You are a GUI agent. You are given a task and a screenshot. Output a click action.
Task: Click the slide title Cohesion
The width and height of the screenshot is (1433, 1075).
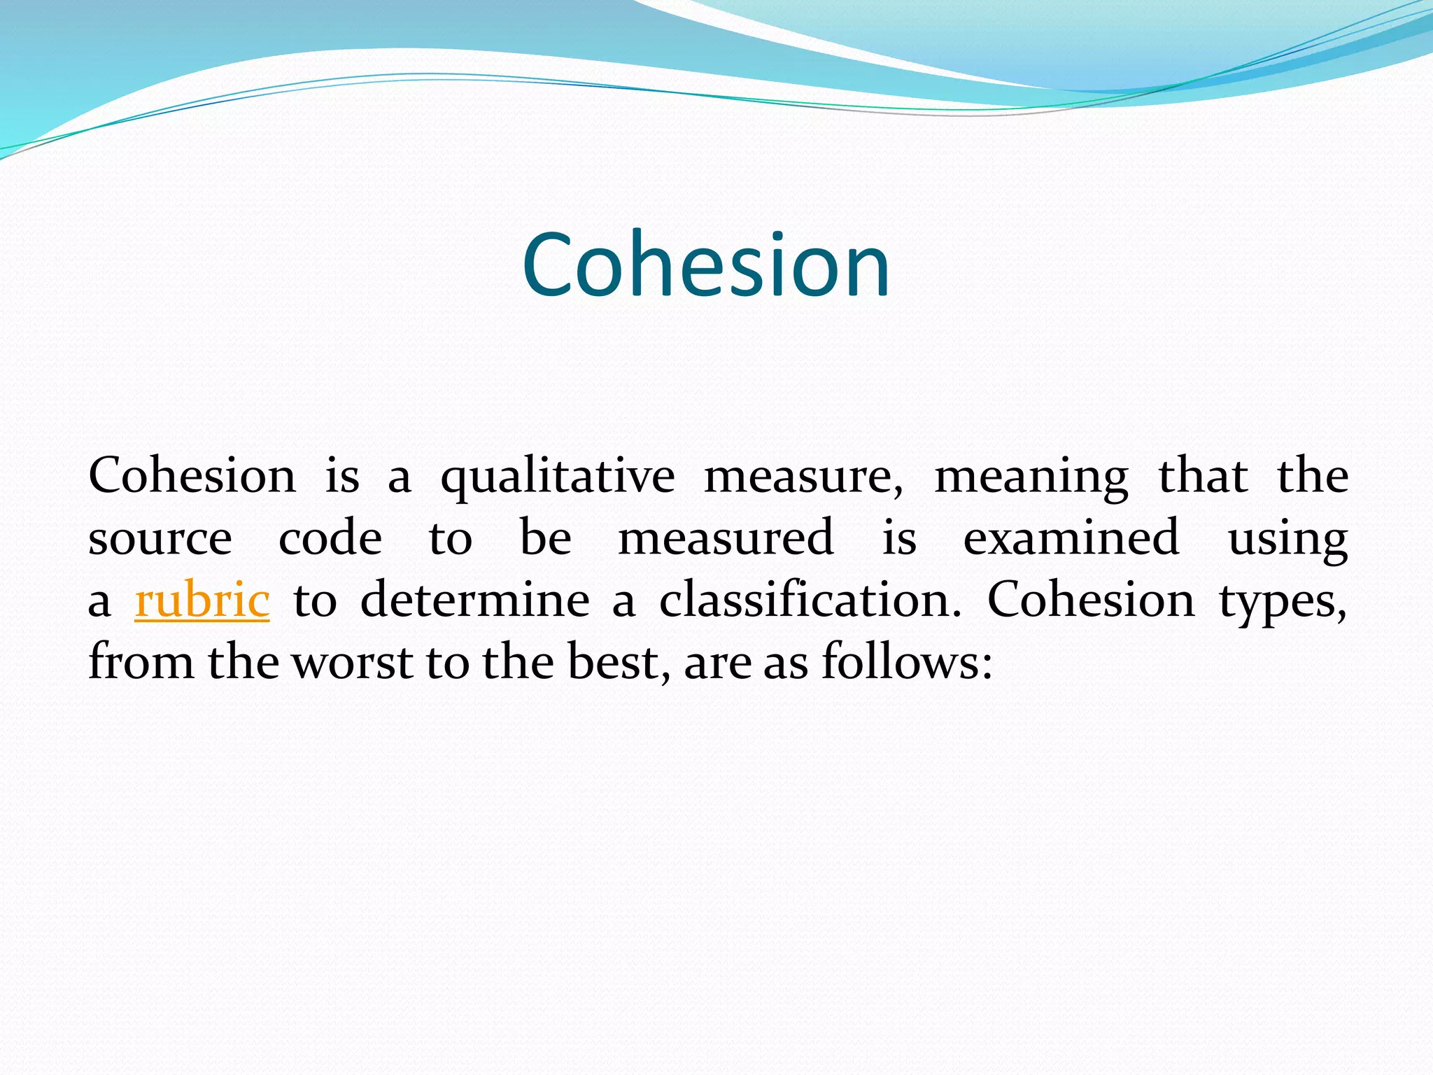pyautogui.click(x=706, y=266)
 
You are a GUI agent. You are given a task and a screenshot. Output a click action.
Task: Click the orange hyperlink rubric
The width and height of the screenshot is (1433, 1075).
pyautogui.click(x=202, y=600)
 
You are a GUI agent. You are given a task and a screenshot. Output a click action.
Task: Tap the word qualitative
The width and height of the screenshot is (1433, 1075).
pyautogui.click(x=558, y=478)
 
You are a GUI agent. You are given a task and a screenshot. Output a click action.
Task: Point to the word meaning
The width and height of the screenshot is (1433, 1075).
pyautogui.click(x=1031, y=478)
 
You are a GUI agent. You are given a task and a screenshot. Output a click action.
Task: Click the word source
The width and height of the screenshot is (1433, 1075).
pyautogui.click(x=160, y=539)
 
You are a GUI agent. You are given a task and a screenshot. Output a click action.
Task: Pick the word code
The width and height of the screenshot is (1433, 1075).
pyautogui.click(x=330, y=539)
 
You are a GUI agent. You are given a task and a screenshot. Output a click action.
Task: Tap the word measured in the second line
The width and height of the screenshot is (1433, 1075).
pyautogui.click(x=726, y=539)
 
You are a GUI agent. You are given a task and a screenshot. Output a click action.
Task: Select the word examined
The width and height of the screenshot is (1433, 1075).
pyautogui.click(x=1071, y=539)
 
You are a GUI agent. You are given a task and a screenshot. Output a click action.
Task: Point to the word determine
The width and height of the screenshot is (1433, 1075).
pyautogui.click(x=474, y=600)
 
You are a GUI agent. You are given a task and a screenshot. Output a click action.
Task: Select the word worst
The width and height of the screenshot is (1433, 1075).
pyautogui.click(x=353, y=662)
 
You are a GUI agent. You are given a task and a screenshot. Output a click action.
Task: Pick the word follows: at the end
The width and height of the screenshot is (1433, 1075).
pyautogui.click(x=907, y=662)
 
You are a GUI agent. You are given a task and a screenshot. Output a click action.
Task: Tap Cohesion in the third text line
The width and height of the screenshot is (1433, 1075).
pyautogui.click(x=1091, y=600)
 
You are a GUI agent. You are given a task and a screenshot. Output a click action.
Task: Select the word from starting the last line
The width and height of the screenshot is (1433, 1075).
pyautogui.click(x=141, y=662)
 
